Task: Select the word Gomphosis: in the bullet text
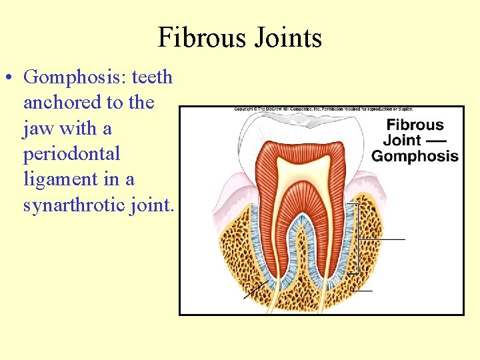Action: coord(75,77)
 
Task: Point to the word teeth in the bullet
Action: coord(152,77)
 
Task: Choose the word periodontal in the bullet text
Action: coord(71,154)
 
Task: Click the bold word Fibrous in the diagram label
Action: coord(415,125)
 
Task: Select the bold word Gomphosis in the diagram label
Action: coord(415,156)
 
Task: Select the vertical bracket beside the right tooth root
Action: coord(357,238)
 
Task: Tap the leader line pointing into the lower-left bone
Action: coord(256,290)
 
